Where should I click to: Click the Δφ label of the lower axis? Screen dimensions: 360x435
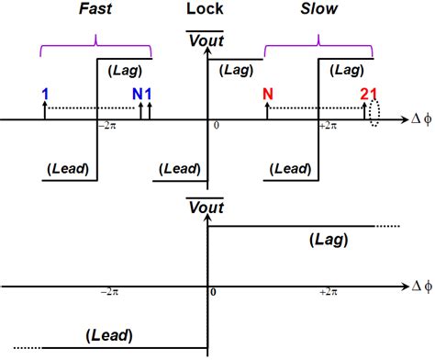coord(421,285)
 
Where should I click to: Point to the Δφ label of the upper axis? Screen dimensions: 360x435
coord(421,120)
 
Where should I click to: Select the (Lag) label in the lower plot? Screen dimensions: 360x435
coord(323,240)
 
